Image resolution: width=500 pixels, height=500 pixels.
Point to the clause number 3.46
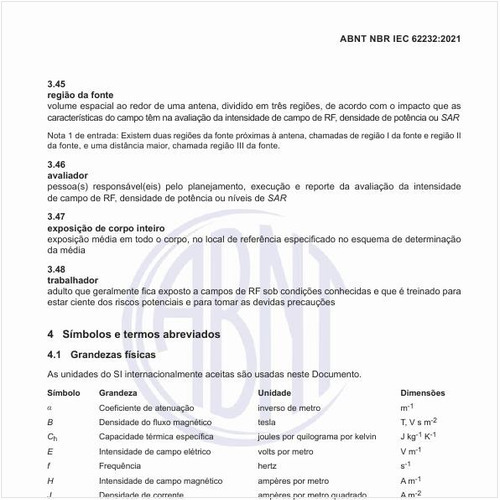(x=57, y=163)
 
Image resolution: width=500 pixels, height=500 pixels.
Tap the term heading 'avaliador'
(x=69, y=174)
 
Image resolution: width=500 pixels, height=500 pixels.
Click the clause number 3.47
(x=57, y=216)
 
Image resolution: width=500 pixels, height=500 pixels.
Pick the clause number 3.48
(x=57, y=269)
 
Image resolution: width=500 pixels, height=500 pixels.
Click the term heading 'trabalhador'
(x=74, y=280)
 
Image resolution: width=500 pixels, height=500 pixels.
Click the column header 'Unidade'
(x=274, y=393)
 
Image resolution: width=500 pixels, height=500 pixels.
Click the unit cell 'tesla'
(x=268, y=422)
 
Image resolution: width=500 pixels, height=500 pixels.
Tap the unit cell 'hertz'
(x=269, y=465)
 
